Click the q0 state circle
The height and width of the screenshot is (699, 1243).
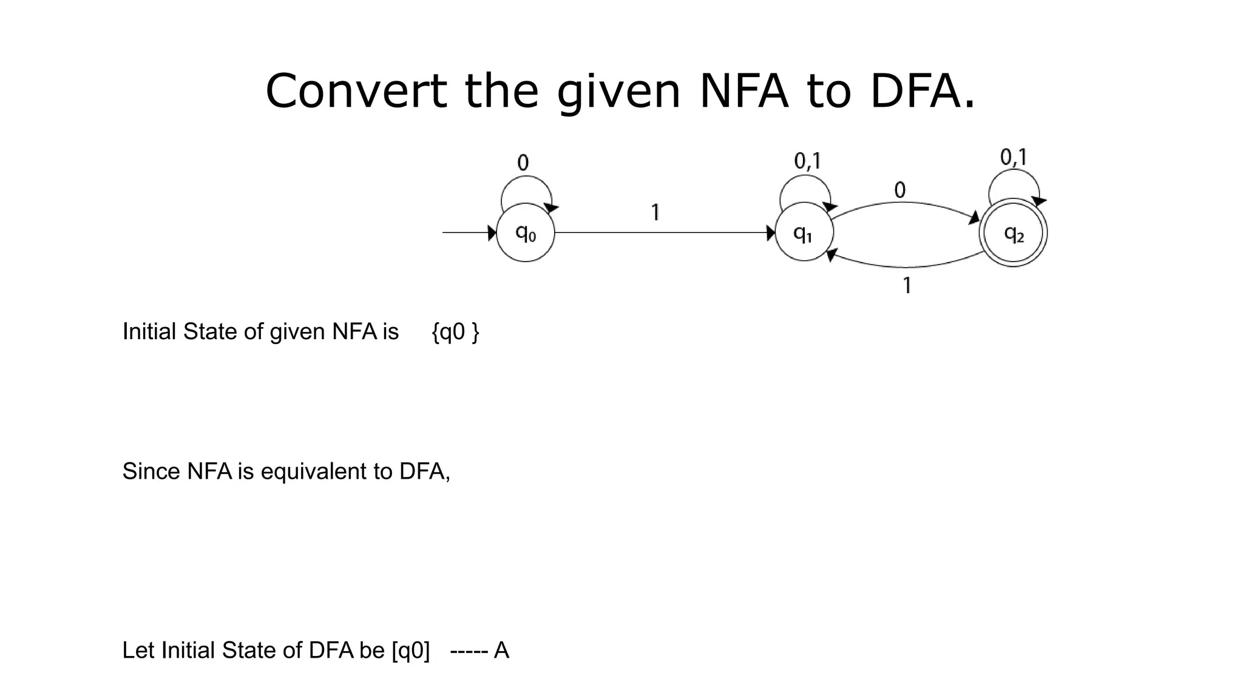[x=525, y=232]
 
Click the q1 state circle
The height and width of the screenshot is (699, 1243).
[x=804, y=232]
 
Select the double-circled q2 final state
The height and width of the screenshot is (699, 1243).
[x=1013, y=233]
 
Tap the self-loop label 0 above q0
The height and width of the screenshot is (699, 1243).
[x=523, y=163]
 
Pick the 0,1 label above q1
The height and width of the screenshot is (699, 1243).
[x=807, y=161]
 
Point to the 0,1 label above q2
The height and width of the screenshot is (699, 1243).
[x=1013, y=158]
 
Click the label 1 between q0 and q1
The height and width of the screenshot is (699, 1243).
[x=655, y=212]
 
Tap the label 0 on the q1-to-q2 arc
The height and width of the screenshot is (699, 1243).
[x=899, y=191]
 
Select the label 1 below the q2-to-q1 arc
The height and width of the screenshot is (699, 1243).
[x=907, y=285]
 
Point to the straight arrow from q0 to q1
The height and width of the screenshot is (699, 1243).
[x=665, y=232]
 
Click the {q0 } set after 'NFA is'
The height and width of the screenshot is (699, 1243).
[x=455, y=332]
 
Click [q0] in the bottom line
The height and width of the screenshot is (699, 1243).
[x=411, y=650]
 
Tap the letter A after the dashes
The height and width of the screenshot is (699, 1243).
[x=501, y=650]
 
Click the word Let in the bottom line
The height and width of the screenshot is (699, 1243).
[x=138, y=650]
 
